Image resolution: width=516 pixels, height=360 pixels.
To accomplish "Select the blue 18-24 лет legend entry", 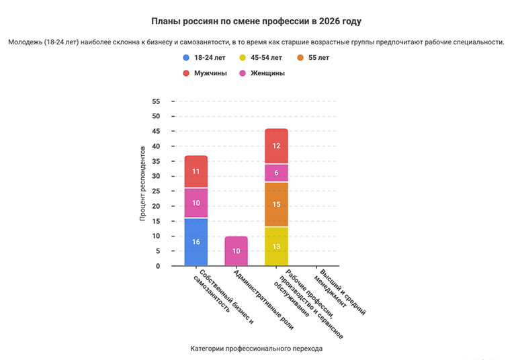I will point(209,58).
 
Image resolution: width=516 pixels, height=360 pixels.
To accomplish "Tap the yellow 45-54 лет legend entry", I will point(263,58).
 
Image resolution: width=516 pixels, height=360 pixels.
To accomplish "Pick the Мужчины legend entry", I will point(210,73).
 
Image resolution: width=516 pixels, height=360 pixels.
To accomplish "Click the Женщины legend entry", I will point(263,73).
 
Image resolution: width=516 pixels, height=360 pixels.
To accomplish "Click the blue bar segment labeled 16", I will point(196,242).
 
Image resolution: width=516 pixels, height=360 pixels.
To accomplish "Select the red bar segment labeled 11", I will point(196,171).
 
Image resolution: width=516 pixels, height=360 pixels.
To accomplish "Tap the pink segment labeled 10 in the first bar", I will point(196,203).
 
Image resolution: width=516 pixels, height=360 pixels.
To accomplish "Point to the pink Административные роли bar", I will point(236,251).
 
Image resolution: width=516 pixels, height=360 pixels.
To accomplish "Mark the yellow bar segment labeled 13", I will point(276,246).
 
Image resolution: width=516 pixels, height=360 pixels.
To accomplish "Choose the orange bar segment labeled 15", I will point(276,204).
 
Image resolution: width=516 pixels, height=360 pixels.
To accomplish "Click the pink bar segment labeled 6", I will point(276,173).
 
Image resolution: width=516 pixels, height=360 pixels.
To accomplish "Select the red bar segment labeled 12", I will point(276,146).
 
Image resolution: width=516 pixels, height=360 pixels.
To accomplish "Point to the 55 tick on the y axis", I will point(156,101).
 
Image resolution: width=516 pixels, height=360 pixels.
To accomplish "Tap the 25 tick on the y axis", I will point(156,191).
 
